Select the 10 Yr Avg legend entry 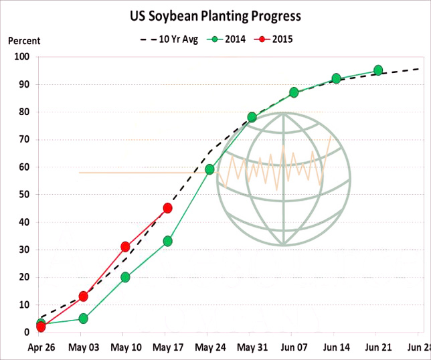click(x=172, y=39)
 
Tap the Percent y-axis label click(x=24, y=41)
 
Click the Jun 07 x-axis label click(x=294, y=348)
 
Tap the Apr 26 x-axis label click(x=41, y=348)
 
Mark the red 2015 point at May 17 click(x=167, y=208)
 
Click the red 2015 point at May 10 click(x=125, y=247)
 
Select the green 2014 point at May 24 click(x=209, y=169)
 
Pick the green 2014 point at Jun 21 click(x=378, y=70)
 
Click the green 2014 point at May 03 click(x=83, y=319)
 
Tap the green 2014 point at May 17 click(x=167, y=241)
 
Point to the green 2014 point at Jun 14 click(x=336, y=78)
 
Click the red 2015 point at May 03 click(x=83, y=296)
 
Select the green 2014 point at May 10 click(x=125, y=277)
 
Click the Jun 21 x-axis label click(x=378, y=348)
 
